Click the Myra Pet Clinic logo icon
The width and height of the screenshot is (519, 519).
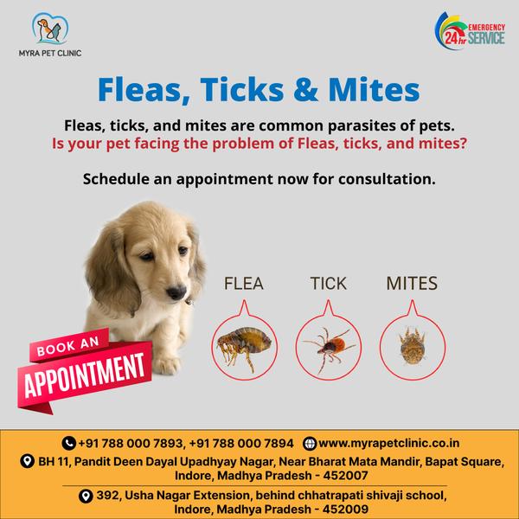click(50, 29)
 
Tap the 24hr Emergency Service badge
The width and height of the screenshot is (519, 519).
click(470, 31)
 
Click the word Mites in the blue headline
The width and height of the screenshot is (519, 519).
click(374, 90)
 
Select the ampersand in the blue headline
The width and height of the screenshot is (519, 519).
click(305, 90)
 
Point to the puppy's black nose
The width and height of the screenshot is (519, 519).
click(176, 292)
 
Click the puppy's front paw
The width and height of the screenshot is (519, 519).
click(166, 363)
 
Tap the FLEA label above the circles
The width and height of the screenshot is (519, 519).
click(244, 284)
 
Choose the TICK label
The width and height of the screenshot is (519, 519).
click(329, 284)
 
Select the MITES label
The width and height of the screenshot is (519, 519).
click(412, 284)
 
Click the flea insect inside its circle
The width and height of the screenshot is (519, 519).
click(244, 348)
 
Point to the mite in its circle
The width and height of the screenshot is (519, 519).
click(412, 346)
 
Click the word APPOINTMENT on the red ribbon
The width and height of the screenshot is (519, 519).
click(85, 375)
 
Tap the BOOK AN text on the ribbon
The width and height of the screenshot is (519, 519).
click(67, 347)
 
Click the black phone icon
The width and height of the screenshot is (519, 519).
click(69, 443)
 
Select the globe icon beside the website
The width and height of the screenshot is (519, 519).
click(310, 443)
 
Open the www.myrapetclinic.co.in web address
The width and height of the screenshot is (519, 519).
click(389, 443)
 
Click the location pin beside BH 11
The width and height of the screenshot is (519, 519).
click(27, 461)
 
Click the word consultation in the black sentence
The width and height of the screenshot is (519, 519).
click(387, 179)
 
